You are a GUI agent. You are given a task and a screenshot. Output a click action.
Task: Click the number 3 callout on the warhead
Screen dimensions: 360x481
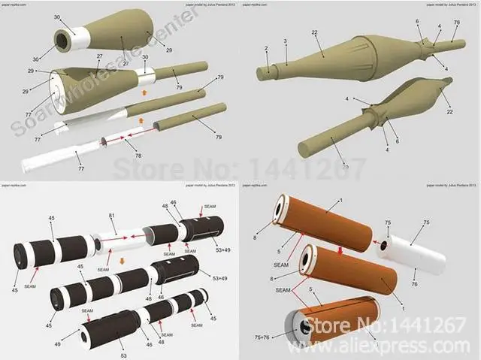(x=286, y=41)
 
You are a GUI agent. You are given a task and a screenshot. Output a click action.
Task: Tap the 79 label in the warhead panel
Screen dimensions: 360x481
(x=456, y=23)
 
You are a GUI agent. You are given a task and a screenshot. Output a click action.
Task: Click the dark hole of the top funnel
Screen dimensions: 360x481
(x=65, y=40)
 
